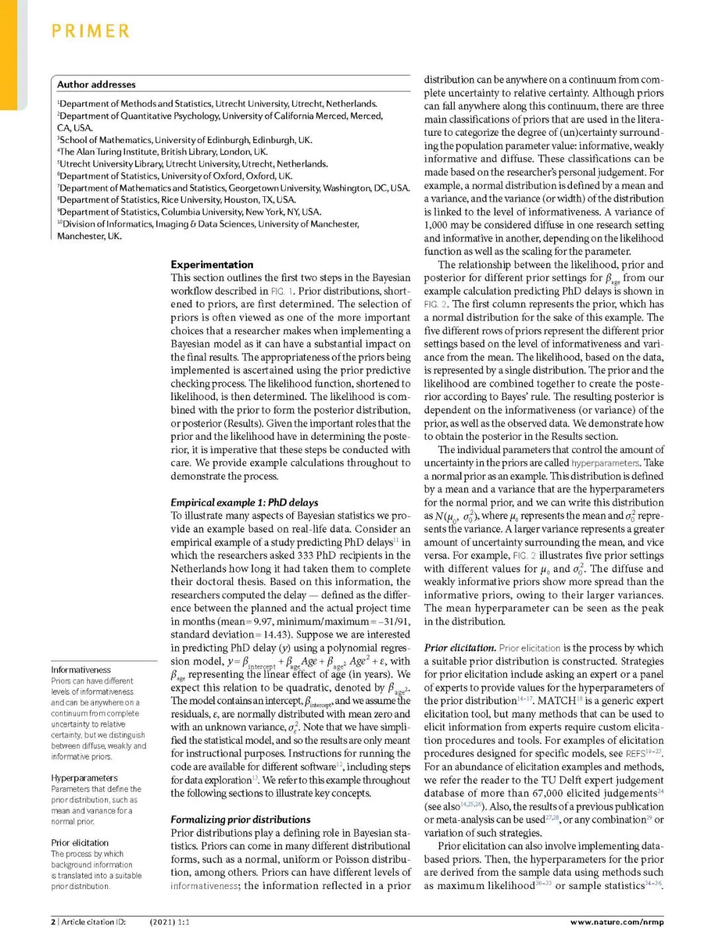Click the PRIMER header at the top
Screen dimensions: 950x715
91,31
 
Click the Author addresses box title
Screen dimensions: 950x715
96,85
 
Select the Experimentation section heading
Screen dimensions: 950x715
212,264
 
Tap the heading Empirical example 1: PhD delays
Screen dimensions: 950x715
244,502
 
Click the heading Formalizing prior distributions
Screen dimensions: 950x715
240,819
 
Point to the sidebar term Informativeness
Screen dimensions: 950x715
81,670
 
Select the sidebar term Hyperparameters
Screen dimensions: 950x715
84,778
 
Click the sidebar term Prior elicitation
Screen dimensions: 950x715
79,843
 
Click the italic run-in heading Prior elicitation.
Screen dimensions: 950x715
459,648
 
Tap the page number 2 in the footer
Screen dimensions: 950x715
53,922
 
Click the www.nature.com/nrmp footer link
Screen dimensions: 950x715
616,922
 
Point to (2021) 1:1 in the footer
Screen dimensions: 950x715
169,922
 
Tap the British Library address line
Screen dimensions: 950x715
162,152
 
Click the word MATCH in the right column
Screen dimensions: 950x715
556,701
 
